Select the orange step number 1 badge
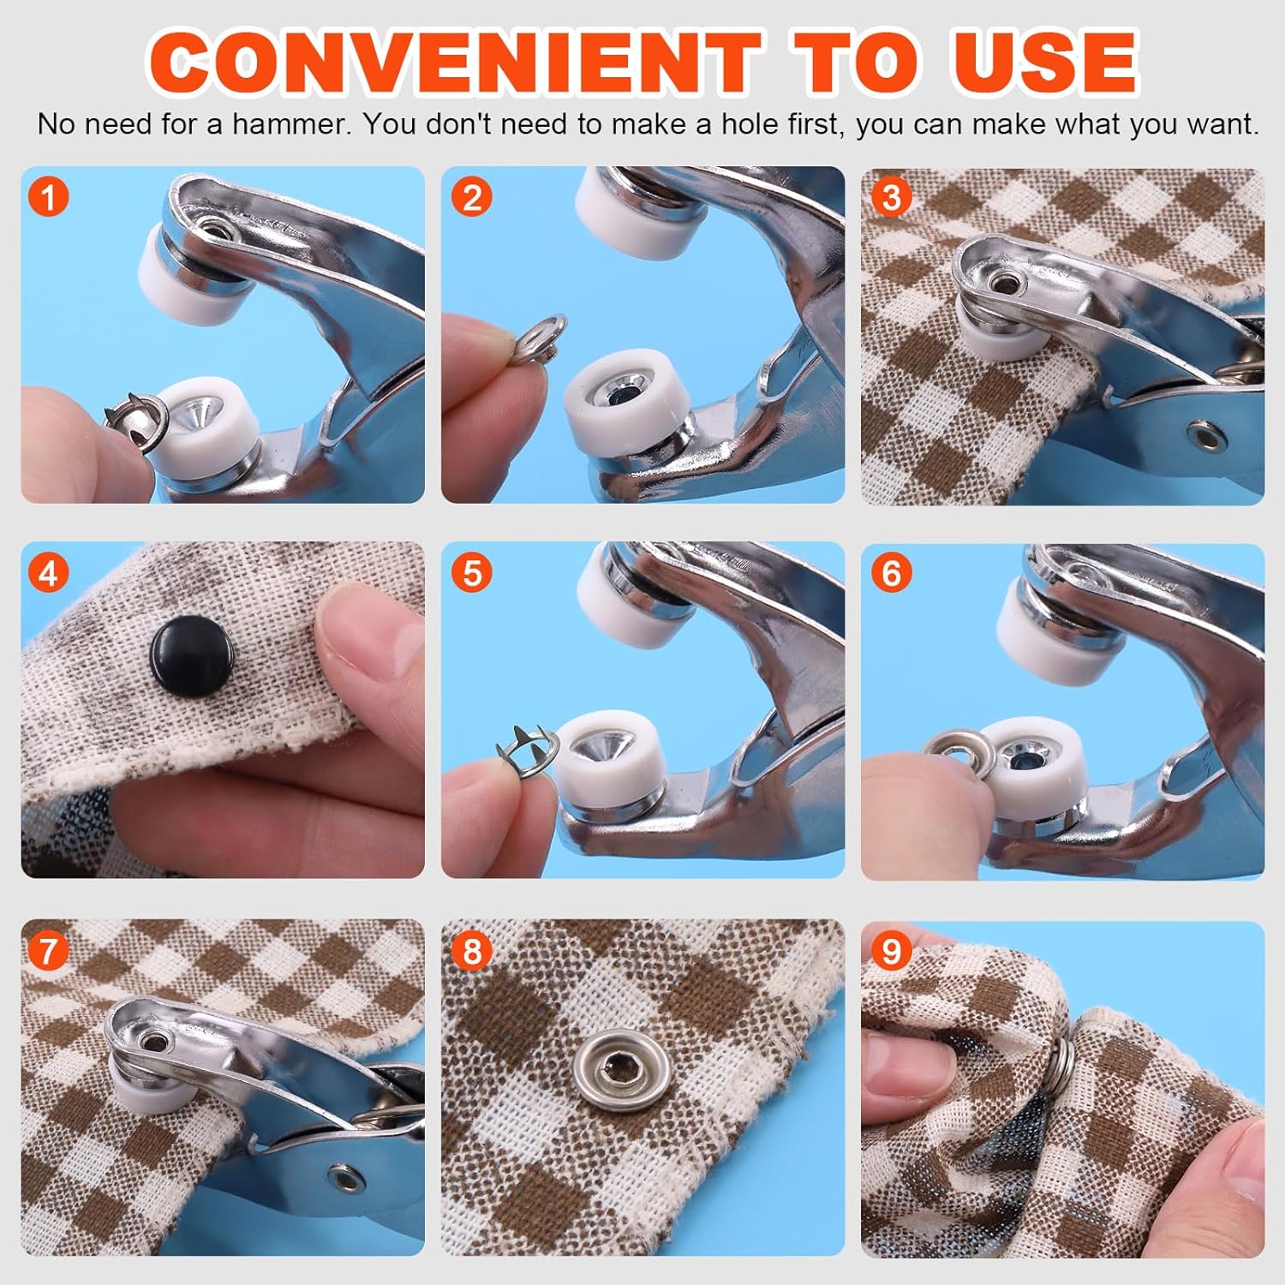pos(49,197)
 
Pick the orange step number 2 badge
pos(471,197)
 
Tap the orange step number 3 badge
pos(891,197)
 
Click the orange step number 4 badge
pos(49,572)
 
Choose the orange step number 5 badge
pos(471,572)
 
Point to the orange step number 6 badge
pos(891,572)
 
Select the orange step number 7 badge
pos(49,951)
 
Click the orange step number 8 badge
pos(471,951)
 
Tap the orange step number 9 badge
pos(891,951)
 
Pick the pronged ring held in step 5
pos(527,751)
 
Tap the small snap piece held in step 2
pos(541,339)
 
